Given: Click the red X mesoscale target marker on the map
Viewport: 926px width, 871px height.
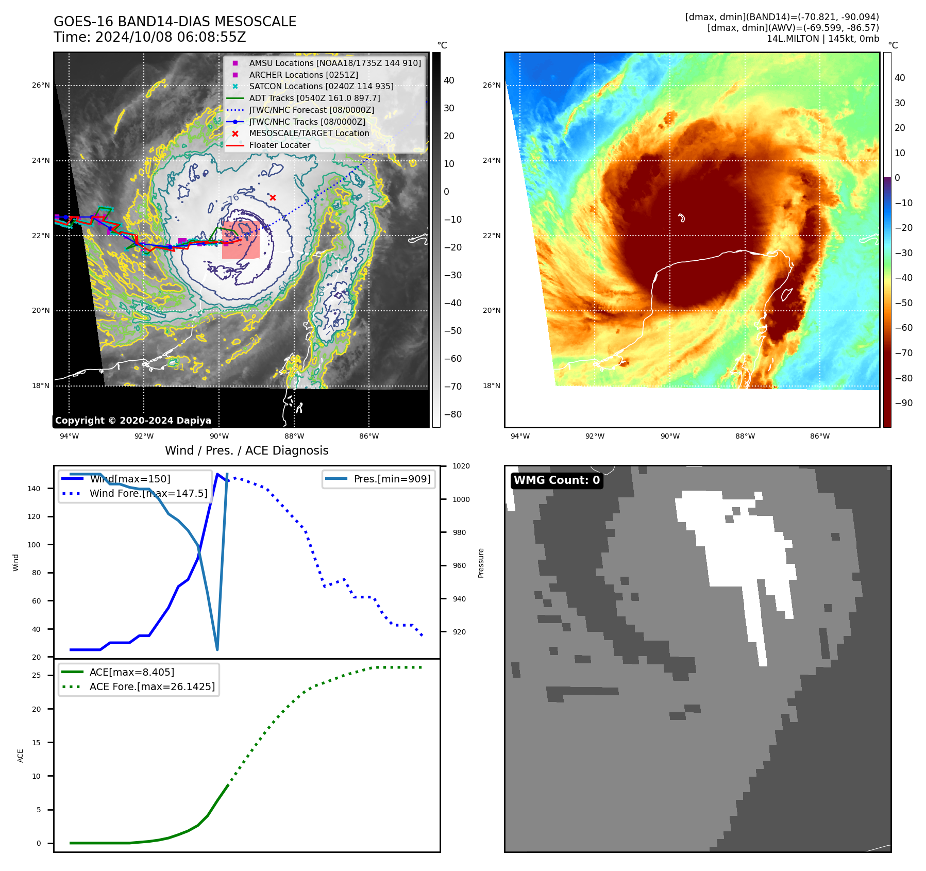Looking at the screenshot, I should coord(273,197).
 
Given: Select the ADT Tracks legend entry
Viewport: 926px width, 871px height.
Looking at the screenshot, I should coord(314,98).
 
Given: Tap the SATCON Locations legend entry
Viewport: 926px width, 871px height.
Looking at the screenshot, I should coord(321,86).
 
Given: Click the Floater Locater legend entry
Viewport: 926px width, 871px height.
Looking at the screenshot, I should coord(279,145).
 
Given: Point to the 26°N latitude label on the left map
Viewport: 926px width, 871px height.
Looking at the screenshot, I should coord(41,85).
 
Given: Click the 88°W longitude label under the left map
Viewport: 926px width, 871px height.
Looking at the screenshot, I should coord(294,436).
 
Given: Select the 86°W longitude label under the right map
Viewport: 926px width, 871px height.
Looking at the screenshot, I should coord(820,436).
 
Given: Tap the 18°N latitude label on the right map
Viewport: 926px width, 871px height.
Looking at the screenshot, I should coord(492,386).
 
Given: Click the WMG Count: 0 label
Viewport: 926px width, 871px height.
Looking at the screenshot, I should coord(557,480).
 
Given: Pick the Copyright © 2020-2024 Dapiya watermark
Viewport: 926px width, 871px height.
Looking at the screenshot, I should coord(133,421).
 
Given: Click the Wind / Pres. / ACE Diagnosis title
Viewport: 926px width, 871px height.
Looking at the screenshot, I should coord(246,450).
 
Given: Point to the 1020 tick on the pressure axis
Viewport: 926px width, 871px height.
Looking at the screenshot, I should coord(461,466).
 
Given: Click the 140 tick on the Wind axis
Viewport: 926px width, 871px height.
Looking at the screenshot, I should coord(34,489).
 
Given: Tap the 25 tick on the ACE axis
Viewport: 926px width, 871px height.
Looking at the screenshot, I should coord(37,675).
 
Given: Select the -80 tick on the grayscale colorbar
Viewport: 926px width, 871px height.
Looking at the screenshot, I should coord(453,414).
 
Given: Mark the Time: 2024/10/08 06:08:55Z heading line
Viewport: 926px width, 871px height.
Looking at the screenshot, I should coord(150,37).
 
